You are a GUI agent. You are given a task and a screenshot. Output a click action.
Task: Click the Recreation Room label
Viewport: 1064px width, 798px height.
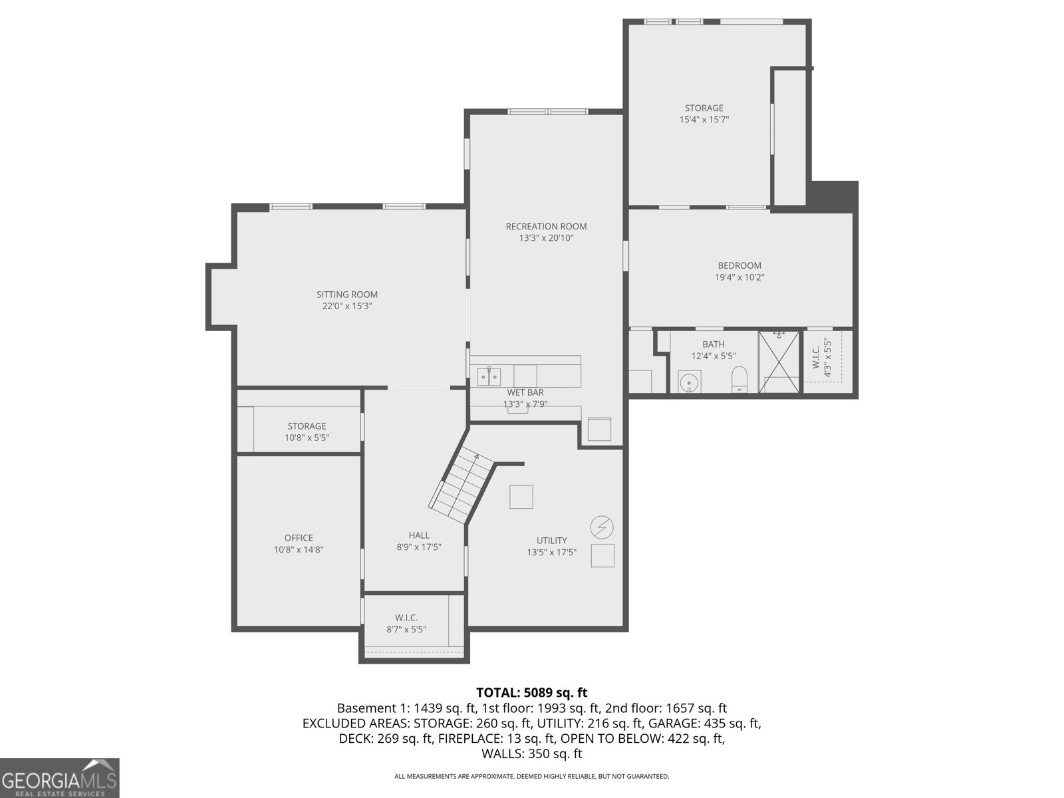coord(546,226)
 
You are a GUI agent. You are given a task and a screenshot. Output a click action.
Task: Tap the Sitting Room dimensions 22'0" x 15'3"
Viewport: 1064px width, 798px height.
coord(347,306)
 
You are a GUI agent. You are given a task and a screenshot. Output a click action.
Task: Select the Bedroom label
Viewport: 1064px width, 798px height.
coord(739,265)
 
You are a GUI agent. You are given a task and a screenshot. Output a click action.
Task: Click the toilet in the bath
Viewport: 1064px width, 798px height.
coord(739,379)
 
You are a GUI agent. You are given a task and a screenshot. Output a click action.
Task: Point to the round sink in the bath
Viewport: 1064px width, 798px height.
coord(689,383)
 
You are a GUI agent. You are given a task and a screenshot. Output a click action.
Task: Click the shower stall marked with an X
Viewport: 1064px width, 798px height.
coord(779,362)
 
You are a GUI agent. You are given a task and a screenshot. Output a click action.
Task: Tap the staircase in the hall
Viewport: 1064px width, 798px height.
coord(461,485)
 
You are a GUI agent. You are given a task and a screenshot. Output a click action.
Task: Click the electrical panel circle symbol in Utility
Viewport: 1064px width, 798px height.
coord(602,527)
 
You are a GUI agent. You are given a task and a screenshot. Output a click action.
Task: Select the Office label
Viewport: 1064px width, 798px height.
coord(299,538)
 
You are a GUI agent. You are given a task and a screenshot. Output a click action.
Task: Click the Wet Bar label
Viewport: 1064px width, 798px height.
coord(525,392)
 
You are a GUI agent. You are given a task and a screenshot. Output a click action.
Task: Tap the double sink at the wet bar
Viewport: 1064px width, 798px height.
coord(489,376)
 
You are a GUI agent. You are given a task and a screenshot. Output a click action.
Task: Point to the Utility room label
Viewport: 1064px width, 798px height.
coord(552,540)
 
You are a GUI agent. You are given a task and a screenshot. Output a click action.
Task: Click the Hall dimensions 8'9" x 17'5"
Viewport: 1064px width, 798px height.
coord(419,547)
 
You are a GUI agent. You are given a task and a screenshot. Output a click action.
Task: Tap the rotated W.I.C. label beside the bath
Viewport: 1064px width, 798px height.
coord(817,357)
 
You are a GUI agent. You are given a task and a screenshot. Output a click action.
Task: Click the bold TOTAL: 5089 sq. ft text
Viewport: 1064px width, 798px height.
coord(532,692)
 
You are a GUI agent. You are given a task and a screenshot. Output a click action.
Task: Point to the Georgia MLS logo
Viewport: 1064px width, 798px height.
coord(59,779)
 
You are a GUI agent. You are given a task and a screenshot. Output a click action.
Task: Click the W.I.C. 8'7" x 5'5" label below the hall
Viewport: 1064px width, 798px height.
coord(406,624)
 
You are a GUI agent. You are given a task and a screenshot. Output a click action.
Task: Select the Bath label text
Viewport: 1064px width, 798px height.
coord(714,344)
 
